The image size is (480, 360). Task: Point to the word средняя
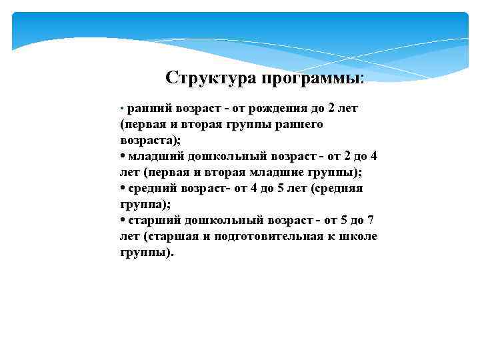[x=340, y=189]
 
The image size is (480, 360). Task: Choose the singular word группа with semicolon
[x=146, y=205]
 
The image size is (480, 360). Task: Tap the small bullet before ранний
[x=122, y=109]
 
